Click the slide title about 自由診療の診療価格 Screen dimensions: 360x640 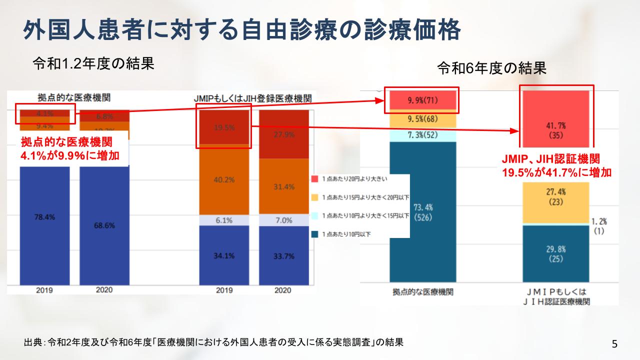[241, 30]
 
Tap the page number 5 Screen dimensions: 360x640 [614, 343]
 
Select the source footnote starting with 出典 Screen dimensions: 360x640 [213, 342]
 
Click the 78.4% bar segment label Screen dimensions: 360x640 [44, 217]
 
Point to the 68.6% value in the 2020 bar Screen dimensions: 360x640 [104, 225]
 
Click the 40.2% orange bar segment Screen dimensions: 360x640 [223, 180]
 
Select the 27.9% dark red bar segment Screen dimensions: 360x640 [283, 135]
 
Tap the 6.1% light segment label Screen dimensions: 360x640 [223, 220]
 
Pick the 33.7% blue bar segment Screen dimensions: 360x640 [283, 256]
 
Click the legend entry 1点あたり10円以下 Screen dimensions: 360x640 [346, 233]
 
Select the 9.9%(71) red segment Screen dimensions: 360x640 [422, 100]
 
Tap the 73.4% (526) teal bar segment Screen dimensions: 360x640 [422, 212]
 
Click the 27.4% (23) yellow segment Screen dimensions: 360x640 [556, 197]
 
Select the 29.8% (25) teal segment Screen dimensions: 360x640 [556, 254]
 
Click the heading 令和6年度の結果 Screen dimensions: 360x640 [492, 68]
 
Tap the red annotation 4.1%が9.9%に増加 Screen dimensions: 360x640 [70, 155]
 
